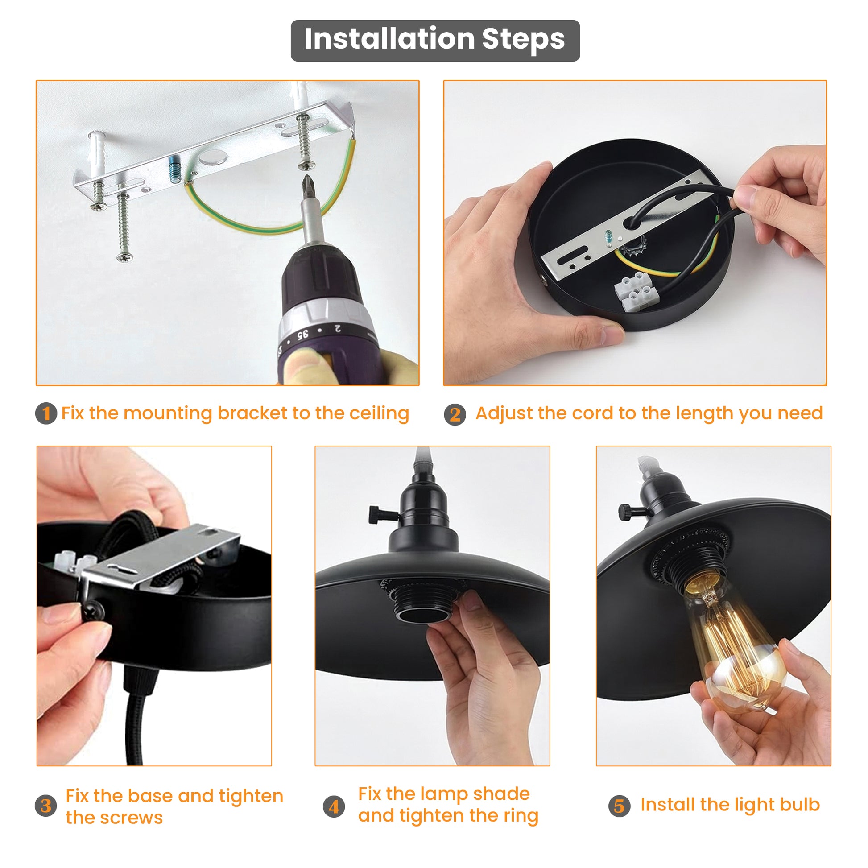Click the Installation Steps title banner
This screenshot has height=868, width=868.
tap(435, 41)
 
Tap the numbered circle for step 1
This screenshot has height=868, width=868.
tap(46, 413)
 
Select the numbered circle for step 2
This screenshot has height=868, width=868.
tap(455, 414)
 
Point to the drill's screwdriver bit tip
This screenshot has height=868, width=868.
tap(307, 178)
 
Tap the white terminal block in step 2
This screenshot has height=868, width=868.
tap(637, 292)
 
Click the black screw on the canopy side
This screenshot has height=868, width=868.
tap(94, 611)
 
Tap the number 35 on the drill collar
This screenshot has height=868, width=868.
tap(303, 335)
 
